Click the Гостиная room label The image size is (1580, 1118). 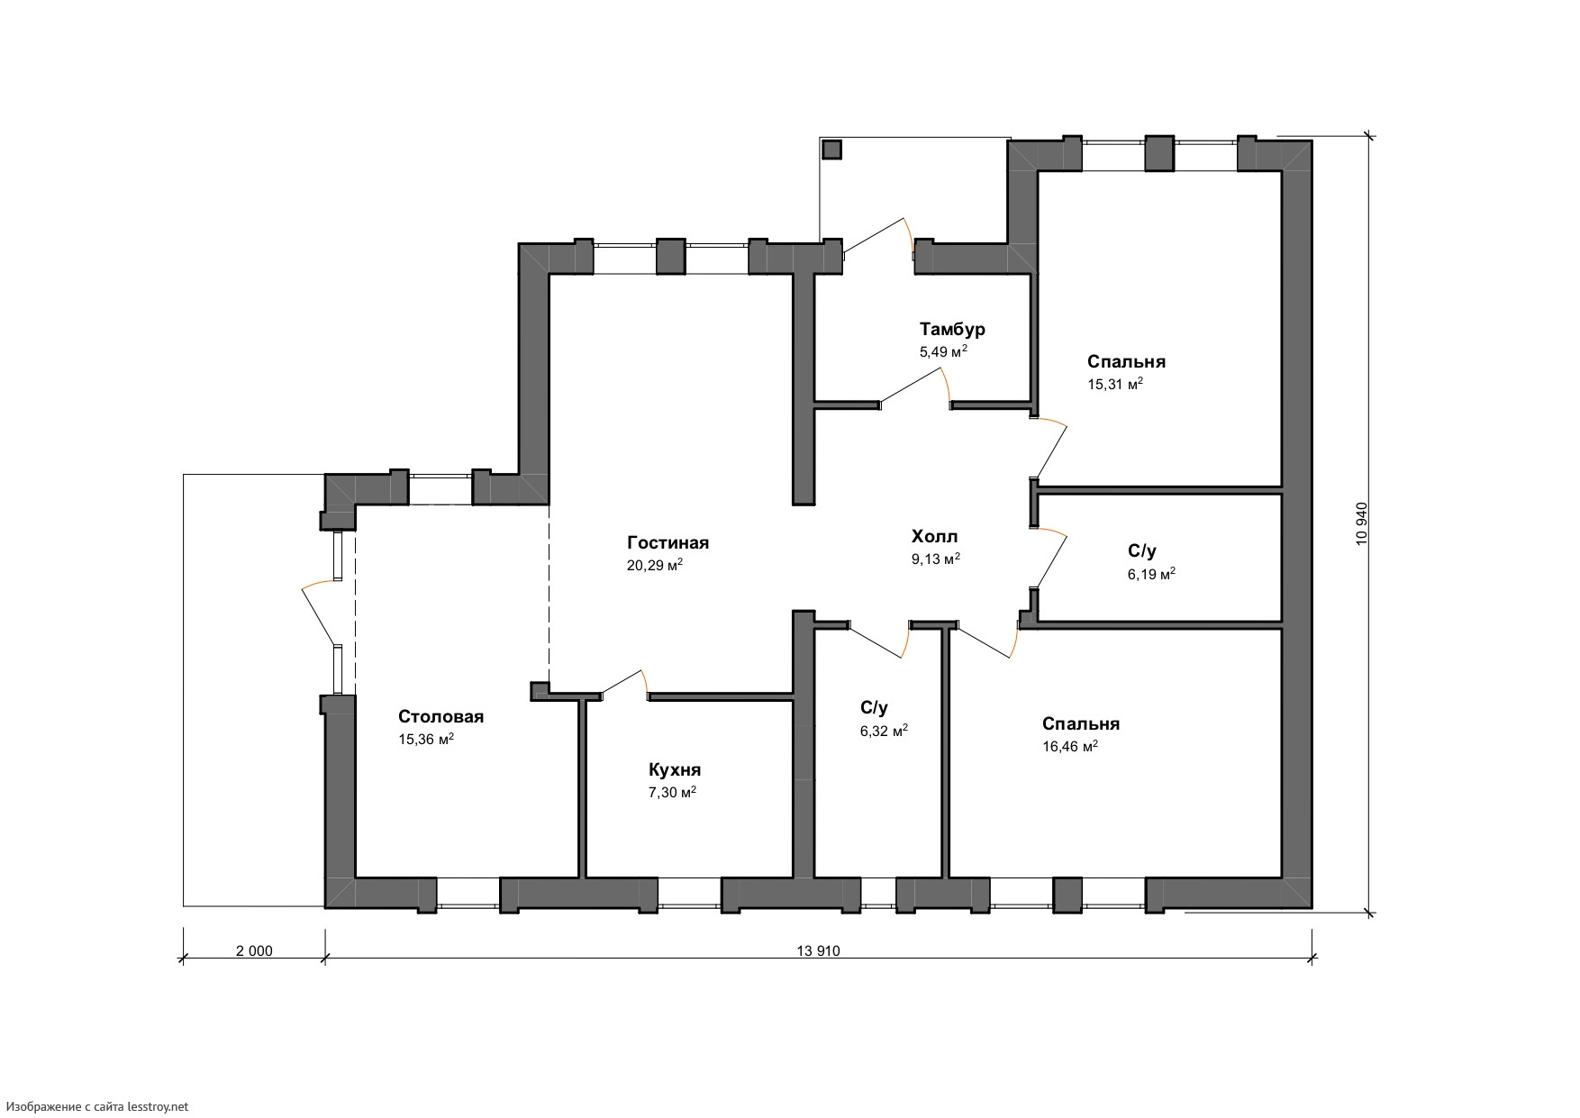click(667, 542)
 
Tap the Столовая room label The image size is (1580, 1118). click(441, 716)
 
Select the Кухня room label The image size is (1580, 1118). click(675, 770)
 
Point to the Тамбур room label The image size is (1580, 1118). click(952, 330)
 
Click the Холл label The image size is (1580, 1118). click(935, 537)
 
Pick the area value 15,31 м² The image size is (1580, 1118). click(1115, 384)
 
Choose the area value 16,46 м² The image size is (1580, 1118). click(1070, 746)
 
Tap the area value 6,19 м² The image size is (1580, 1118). click(1151, 573)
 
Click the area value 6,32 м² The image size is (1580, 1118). click(884, 731)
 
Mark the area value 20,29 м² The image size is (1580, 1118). click(655, 565)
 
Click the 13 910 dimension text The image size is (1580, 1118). click(818, 950)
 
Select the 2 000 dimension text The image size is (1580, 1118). click(254, 950)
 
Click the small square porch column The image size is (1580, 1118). click(832, 149)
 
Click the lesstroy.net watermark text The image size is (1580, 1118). click(97, 1106)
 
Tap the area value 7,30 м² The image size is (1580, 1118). click(672, 793)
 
